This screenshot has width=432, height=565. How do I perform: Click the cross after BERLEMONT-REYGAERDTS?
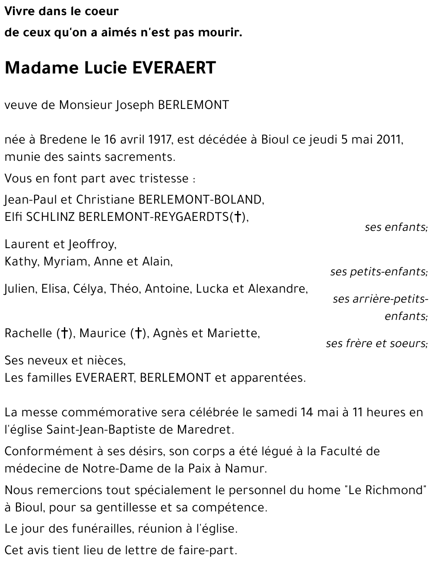[x=237, y=217]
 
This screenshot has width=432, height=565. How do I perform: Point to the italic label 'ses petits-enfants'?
[x=378, y=272]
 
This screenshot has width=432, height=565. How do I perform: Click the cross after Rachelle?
[x=64, y=333]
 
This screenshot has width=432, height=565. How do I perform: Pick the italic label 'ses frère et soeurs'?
[x=376, y=343]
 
